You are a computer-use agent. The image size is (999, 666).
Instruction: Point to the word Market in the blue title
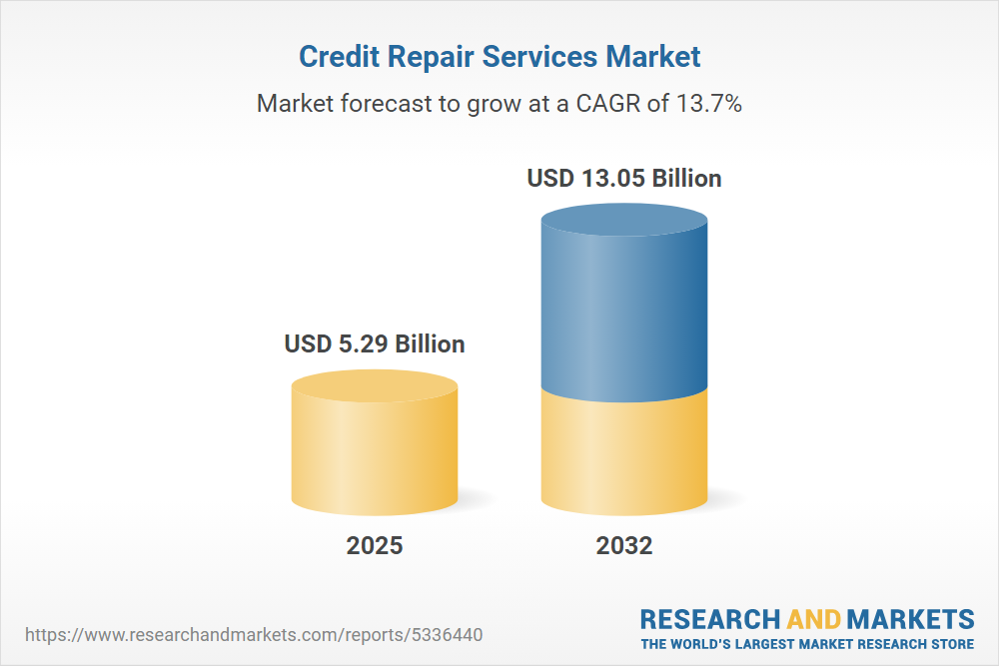coord(652,57)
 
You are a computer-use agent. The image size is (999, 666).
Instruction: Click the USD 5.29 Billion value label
coord(375,344)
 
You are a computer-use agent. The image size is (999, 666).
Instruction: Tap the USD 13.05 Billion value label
coord(624,179)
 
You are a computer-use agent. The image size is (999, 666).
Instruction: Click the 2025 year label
coord(375,545)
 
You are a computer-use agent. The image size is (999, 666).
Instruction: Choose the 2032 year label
coord(624,545)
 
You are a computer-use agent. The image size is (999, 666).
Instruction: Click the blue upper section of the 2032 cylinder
coord(624,310)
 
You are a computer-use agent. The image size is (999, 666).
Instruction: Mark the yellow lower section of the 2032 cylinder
coord(624,454)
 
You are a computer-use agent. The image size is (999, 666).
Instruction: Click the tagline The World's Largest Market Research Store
coord(807,643)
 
